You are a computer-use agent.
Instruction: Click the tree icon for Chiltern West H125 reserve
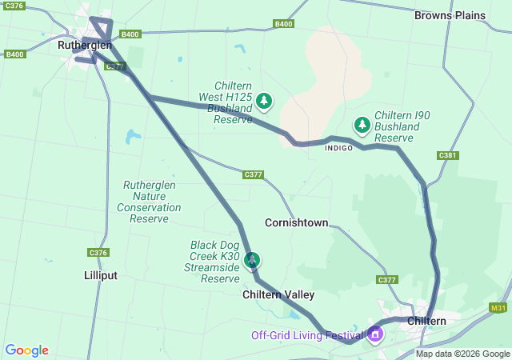pos(264,101)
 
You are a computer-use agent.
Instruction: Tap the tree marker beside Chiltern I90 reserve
pos(362,125)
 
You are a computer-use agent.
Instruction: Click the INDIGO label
pos(339,148)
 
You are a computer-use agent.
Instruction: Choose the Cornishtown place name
pos(296,222)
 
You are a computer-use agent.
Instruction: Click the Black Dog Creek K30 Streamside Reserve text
pos(214,261)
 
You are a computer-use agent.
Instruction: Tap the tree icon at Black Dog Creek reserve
pos(252,260)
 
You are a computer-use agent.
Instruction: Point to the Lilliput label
pos(101,275)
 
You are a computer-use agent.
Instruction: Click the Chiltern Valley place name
pos(278,294)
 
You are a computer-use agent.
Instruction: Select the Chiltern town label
pos(426,321)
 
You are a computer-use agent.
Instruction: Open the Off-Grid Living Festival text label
pos(307,335)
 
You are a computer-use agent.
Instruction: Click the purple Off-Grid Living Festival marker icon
pos(375,334)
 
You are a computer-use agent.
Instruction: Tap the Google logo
pos(26,350)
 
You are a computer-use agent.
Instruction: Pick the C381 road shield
pos(448,155)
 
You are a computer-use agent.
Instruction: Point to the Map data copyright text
pos(462,354)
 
